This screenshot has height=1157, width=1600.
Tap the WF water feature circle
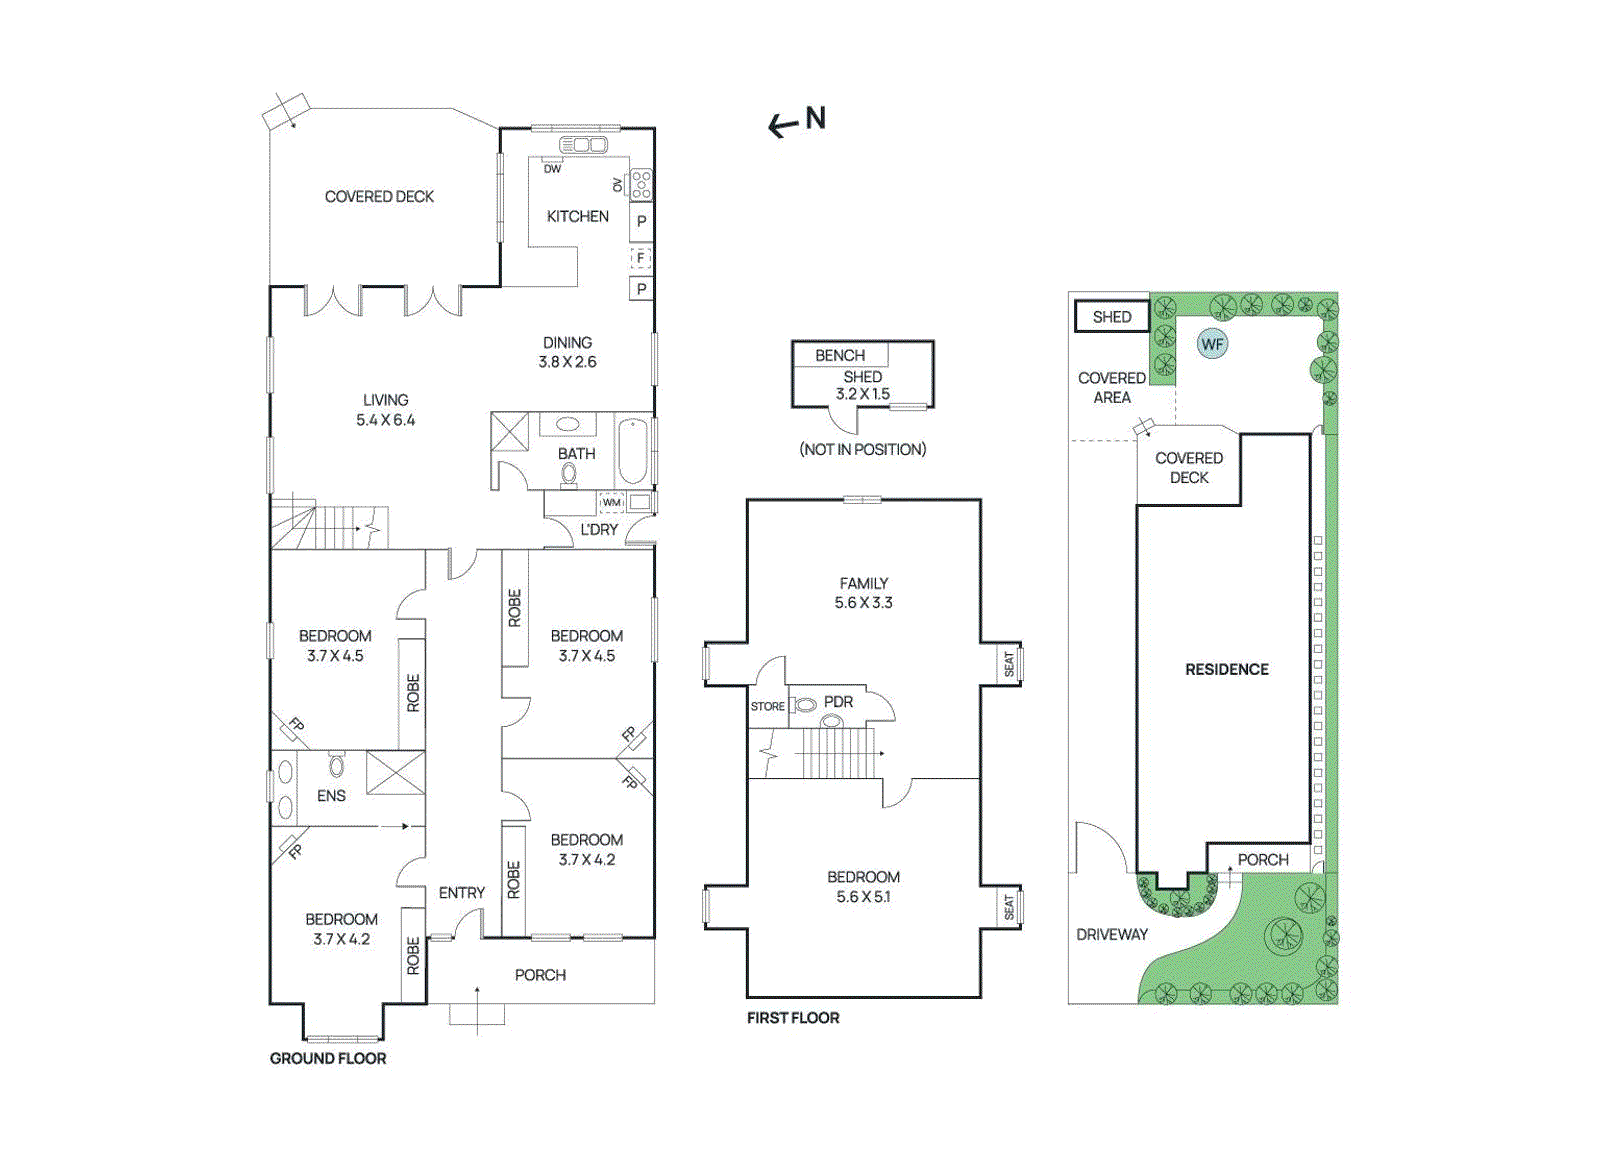(x=1212, y=344)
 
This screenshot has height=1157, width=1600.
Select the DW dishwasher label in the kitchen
(x=552, y=169)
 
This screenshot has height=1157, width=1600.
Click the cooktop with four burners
(x=641, y=184)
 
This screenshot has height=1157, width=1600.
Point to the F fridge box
(x=641, y=257)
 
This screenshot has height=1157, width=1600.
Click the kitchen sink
(x=583, y=146)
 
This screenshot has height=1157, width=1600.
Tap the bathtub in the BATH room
(x=633, y=452)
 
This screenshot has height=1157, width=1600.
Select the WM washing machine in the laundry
(x=611, y=503)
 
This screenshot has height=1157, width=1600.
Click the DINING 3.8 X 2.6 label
(x=567, y=352)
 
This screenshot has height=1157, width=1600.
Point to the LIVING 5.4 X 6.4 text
(x=386, y=410)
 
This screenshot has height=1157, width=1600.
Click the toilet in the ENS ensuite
(x=336, y=766)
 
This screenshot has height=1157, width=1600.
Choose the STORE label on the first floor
(x=768, y=706)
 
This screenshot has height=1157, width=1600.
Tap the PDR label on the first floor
(x=839, y=702)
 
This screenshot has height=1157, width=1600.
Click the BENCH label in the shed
(x=840, y=355)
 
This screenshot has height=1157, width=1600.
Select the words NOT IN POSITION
(x=863, y=449)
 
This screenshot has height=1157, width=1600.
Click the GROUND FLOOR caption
(x=328, y=1058)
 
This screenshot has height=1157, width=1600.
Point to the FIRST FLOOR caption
(x=793, y=1018)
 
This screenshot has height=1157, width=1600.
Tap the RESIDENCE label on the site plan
(x=1227, y=669)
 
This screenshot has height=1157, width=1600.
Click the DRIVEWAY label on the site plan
(x=1112, y=934)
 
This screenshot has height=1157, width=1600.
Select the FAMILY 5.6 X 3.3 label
(x=864, y=593)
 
